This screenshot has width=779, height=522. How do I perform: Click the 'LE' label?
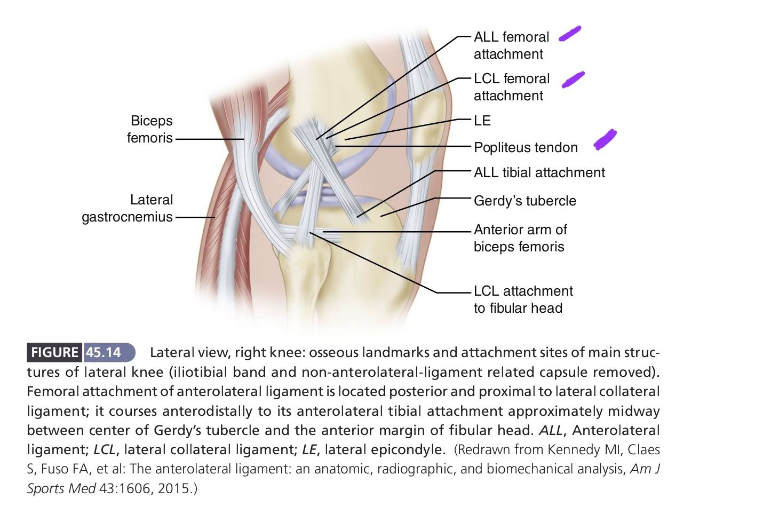point(482,121)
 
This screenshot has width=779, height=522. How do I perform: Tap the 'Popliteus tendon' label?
point(526,147)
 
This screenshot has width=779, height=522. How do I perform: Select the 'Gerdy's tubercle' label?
point(525,201)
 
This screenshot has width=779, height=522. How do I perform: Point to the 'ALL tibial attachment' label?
point(539,172)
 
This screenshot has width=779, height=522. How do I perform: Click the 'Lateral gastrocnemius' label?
point(128,208)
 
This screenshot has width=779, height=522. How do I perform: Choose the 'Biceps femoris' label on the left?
point(150,129)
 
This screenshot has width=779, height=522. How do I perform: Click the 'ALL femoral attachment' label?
point(511,45)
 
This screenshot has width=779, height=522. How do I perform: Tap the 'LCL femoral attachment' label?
point(512,88)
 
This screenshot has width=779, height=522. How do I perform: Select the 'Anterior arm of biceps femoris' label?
point(520,238)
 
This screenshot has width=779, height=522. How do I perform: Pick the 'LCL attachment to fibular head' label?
point(523,299)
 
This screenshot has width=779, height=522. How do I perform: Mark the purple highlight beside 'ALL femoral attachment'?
point(570,34)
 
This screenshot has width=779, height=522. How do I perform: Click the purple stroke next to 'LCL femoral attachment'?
point(573,80)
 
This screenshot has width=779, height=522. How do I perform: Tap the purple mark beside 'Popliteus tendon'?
point(605,139)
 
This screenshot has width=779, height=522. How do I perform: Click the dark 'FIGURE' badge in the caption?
point(54,352)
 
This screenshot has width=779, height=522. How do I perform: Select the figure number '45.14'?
point(104,352)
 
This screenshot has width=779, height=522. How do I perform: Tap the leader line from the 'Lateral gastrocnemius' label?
point(195,218)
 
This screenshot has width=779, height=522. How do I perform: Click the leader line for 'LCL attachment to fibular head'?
point(390,263)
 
